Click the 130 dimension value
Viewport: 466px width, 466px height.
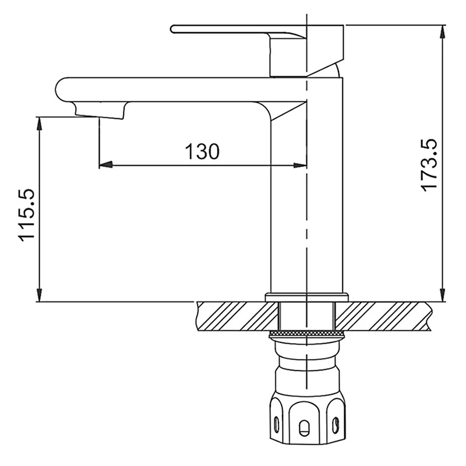click(202, 151)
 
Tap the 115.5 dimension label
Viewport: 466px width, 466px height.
click(29, 215)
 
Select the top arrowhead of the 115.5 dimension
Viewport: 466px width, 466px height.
click(39, 123)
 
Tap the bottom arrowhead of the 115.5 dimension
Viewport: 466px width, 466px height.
click(39, 295)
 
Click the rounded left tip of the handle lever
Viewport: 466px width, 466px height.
click(174, 29)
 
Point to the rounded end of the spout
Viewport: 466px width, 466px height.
click(59, 89)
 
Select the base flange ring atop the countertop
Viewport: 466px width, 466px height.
click(306, 298)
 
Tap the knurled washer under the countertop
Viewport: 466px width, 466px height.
click(306, 333)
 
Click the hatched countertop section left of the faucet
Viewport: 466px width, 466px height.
click(233, 316)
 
